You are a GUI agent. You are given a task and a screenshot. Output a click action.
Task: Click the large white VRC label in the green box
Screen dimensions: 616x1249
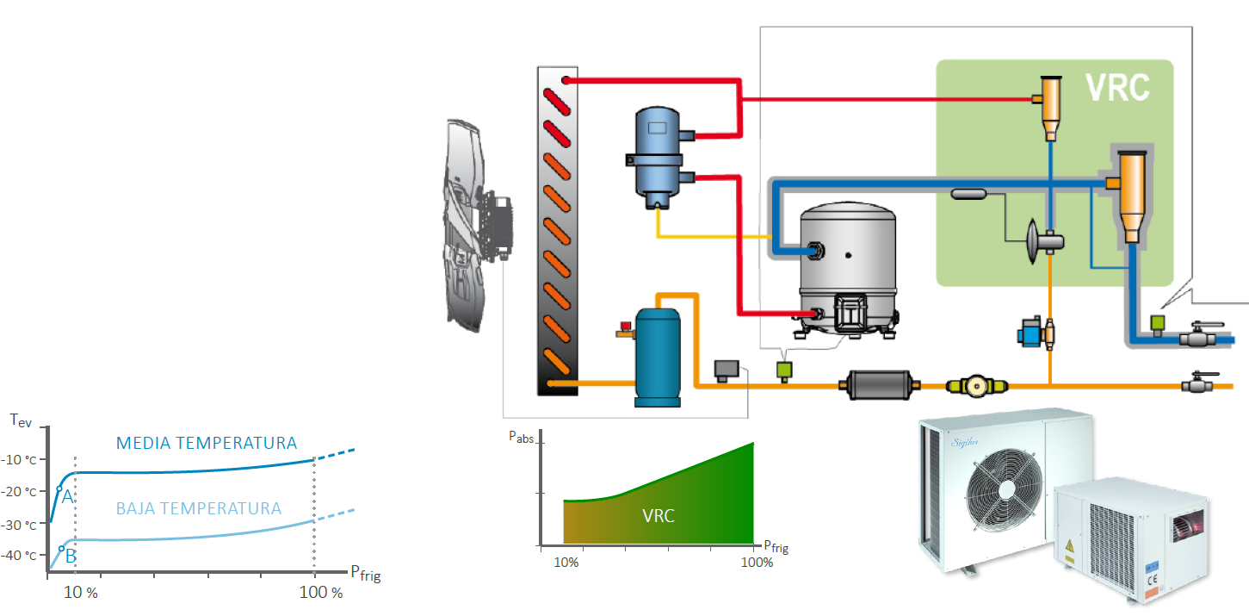[1116, 88]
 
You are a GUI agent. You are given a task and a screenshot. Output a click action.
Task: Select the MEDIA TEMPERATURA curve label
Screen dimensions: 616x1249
[207, 444]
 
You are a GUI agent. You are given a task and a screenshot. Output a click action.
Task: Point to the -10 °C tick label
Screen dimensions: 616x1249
[23, 458]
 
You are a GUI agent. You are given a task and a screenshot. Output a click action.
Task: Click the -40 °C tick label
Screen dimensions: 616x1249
[23, 556]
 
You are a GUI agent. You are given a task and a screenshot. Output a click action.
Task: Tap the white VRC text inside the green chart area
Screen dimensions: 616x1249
[659, 516]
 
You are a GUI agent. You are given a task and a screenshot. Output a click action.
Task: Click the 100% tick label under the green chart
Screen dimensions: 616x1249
[757, 563]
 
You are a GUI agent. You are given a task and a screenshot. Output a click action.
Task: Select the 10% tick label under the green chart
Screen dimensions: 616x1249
[566, 563]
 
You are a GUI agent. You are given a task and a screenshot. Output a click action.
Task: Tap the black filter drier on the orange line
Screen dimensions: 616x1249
[880, 385]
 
